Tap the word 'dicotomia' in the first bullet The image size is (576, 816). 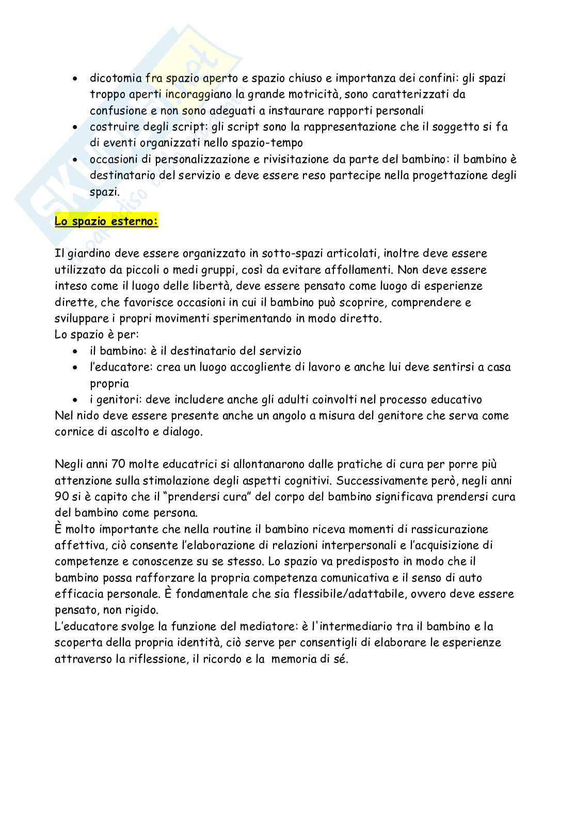click(116, 78)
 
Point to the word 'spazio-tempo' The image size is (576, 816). click(271, 143)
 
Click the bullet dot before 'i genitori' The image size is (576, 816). click(76, 400)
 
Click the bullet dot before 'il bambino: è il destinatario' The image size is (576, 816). click(76, 351)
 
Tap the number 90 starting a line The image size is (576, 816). click(61, 496)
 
